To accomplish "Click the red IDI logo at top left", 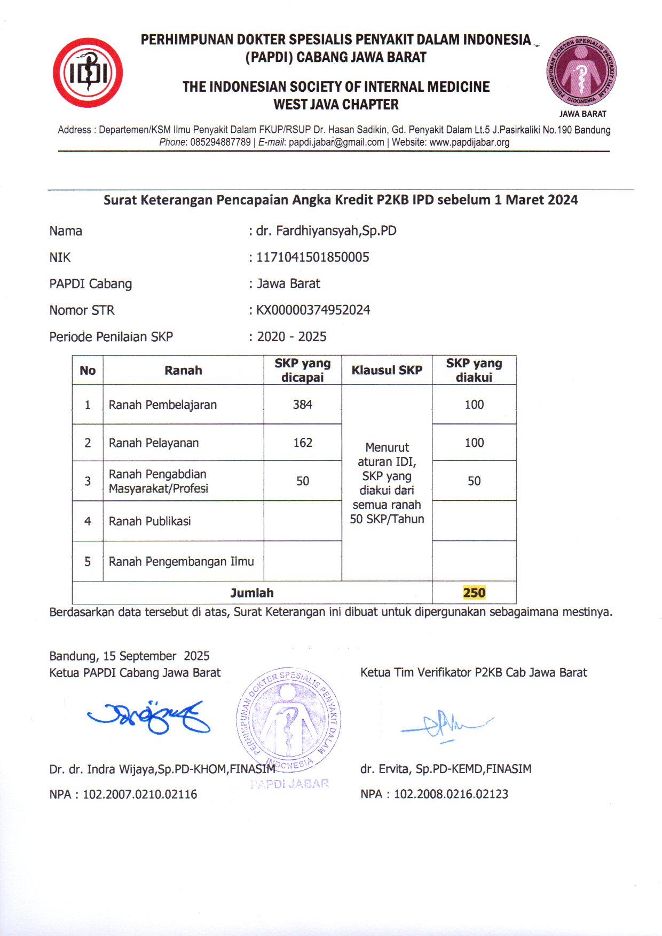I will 88,73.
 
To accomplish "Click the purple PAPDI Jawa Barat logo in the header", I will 581,72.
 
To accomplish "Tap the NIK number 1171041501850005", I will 313,257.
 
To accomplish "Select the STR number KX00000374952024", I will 313,310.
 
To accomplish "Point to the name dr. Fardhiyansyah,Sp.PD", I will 326,231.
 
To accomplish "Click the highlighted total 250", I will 474,593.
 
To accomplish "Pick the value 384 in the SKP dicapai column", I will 302,405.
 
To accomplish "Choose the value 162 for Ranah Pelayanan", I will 303,443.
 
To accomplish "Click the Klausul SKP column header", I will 387,370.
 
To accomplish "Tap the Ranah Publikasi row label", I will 150,521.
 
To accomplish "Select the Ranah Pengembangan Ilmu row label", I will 182,562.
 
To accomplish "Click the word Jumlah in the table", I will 252,593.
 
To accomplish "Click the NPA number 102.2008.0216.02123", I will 451,795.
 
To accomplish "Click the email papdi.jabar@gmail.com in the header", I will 336,143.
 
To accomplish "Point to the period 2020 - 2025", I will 291,337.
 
